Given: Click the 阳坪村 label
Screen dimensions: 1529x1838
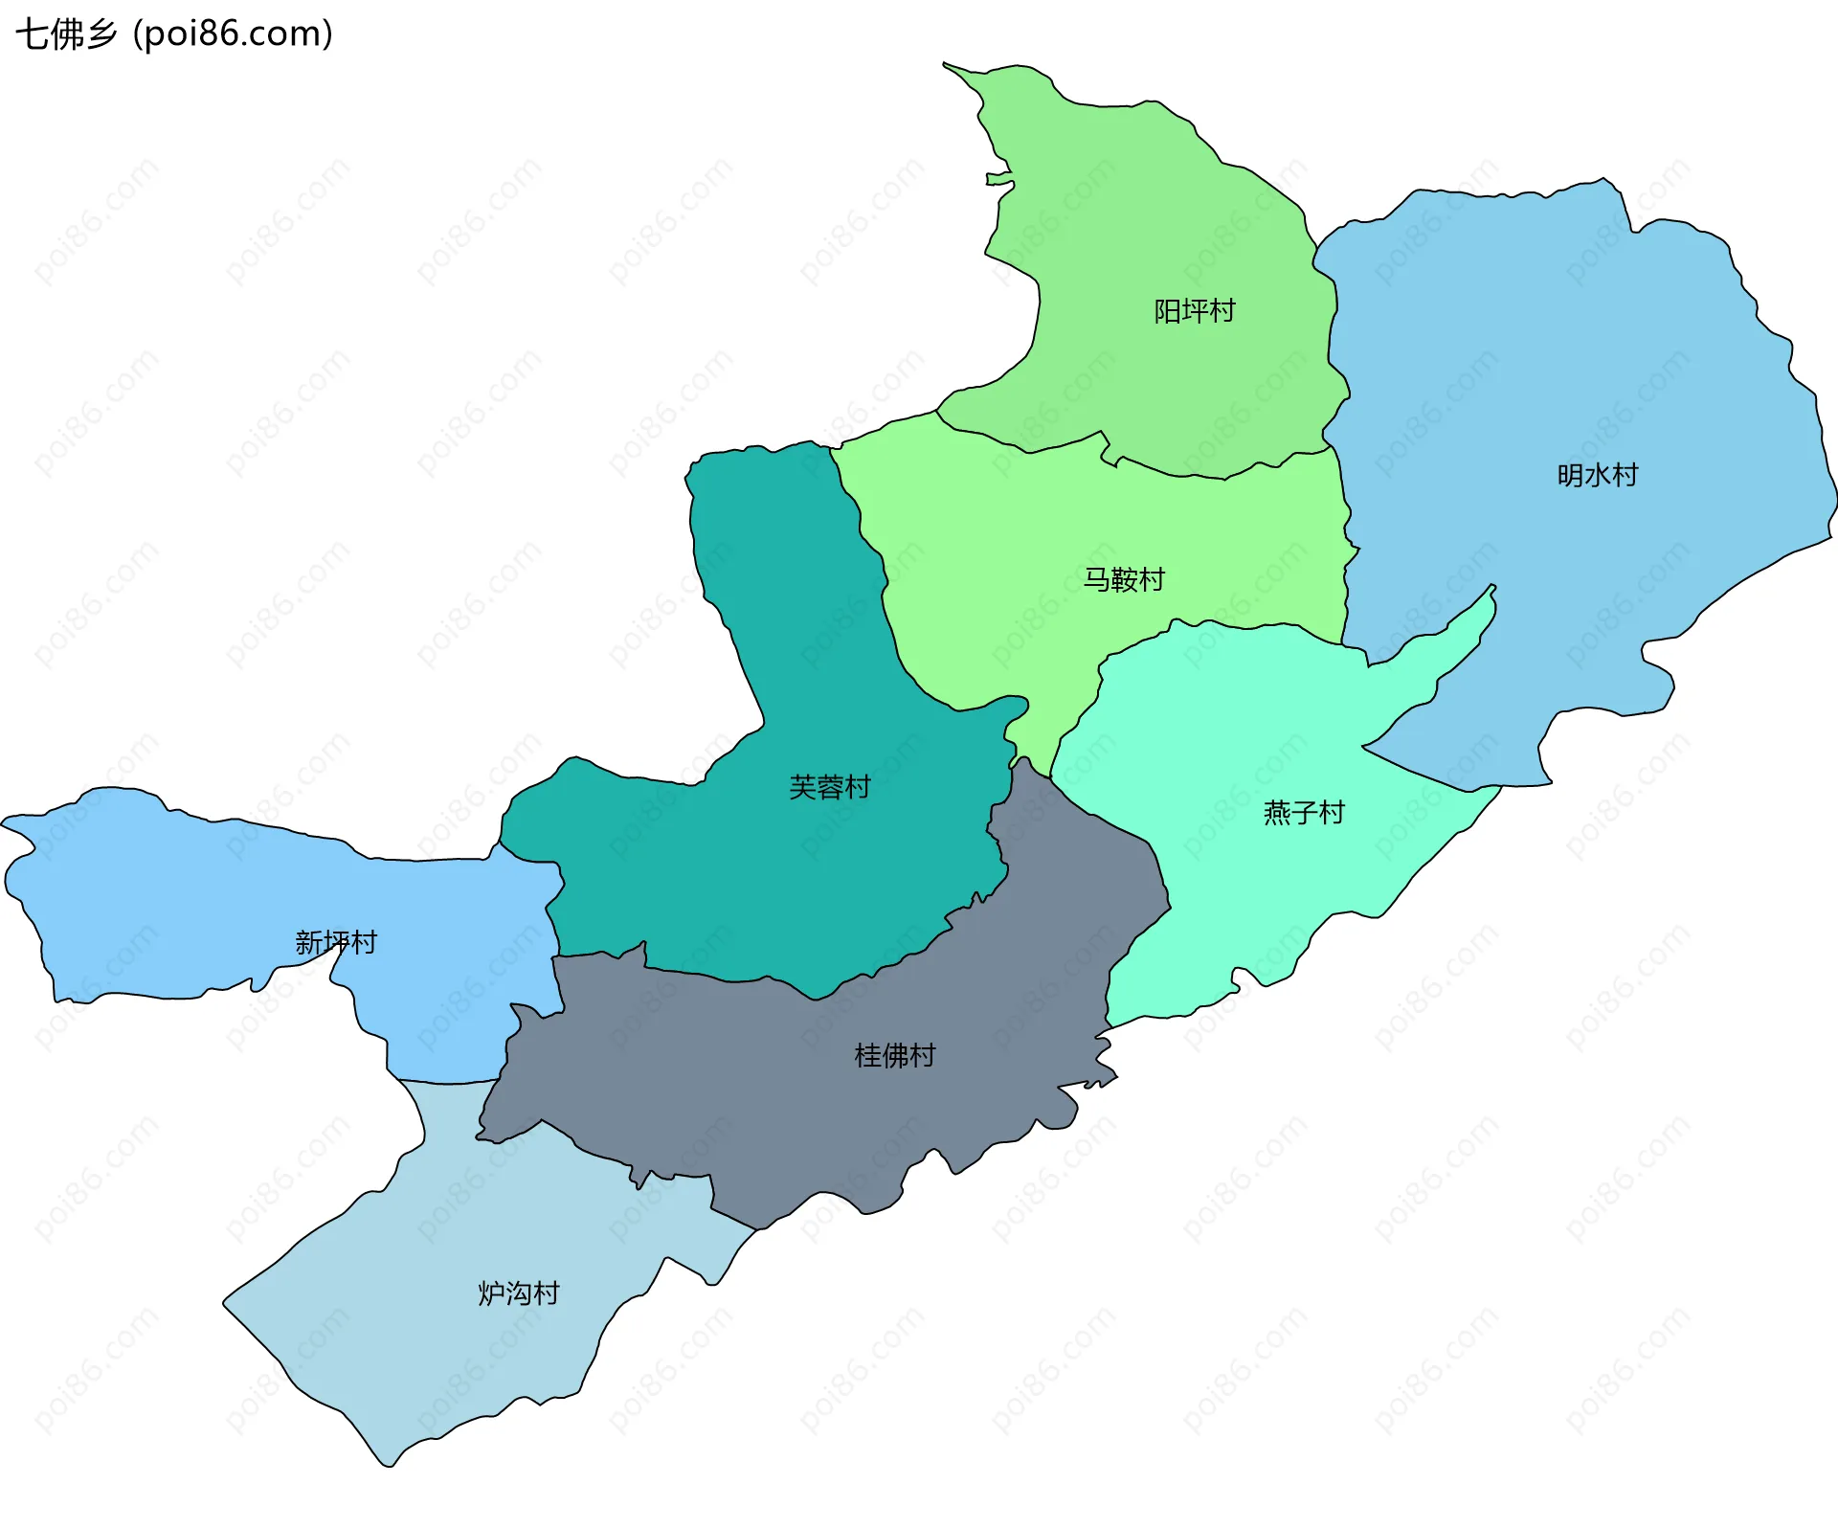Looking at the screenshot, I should pyautogui.click(x=1194, y=311).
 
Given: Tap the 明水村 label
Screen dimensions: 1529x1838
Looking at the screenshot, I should pyautogui.click(x=1597, y=475).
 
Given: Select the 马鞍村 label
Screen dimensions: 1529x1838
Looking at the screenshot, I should pyautogui.click(x=1123, y=579).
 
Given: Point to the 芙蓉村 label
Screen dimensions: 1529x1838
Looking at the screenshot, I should pyautogui.click(x=829, y=787).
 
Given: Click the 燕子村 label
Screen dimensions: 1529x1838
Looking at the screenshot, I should pyautogui.click(x=1304, y=813).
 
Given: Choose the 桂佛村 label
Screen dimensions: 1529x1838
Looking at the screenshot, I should pyautogui.click(x=894, y=1055).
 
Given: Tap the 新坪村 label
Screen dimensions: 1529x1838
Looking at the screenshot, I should pyautogui.click(x=335, y=942).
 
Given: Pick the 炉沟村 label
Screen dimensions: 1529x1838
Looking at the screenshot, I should pyautogui.click(x=518, y=1293).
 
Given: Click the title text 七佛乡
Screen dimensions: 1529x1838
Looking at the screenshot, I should pyautogui.click(x=65, y=34).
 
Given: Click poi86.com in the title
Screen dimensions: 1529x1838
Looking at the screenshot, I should pyautogui.click(x=233, y=34).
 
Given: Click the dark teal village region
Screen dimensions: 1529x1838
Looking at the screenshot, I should pyautogui.click(x=766, y=862).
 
